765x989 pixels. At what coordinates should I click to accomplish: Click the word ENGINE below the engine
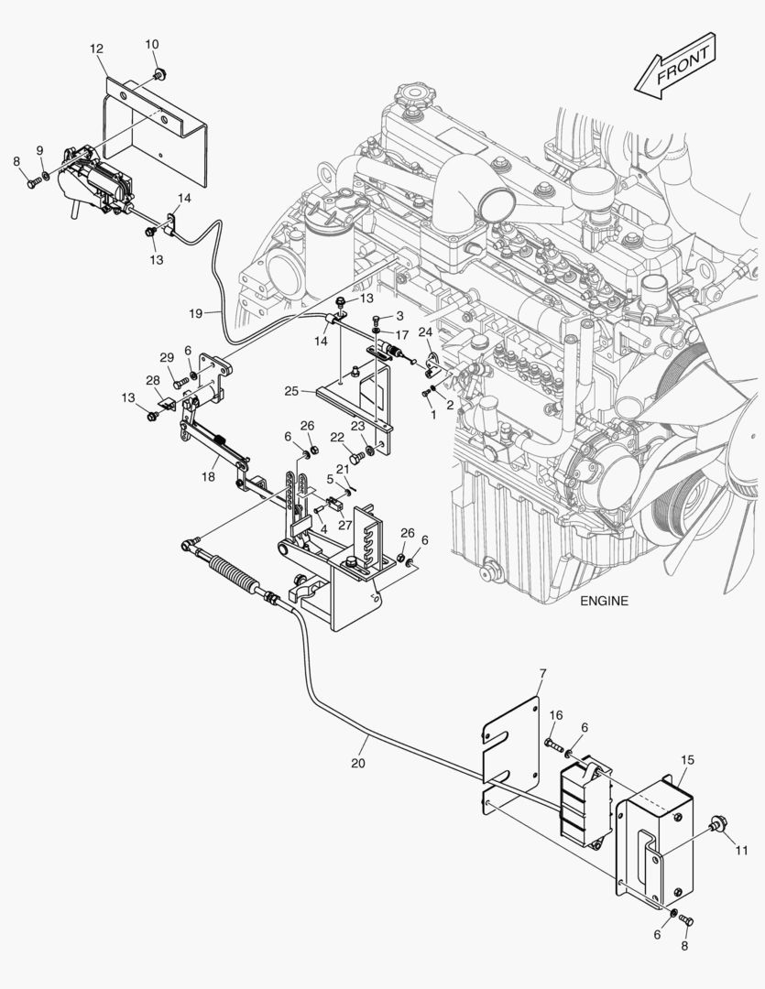tap(605, 602)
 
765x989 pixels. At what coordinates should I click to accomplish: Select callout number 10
tap(152, 44)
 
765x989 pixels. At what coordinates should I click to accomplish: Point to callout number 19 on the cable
tap(196, 313)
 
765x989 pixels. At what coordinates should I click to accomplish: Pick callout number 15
tap(688, 759)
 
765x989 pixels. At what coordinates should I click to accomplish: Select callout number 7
tap(542, 674)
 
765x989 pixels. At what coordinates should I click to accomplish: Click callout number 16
tap(556, 714)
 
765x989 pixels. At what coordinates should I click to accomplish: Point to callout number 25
tap(291, 391)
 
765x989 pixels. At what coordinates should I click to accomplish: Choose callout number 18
tap(209, 476)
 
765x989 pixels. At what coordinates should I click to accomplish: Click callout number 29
tap(167, 357)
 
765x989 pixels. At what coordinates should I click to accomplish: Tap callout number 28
tap(152, 380)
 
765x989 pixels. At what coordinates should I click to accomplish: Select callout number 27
tap(344, 526)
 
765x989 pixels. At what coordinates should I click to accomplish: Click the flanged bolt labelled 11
tap(716, 828)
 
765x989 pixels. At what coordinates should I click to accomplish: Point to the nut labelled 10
tap(159, 72)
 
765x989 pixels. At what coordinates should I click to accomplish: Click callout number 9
tap(39, 149)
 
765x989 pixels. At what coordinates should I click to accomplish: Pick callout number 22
tap(337, 438)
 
